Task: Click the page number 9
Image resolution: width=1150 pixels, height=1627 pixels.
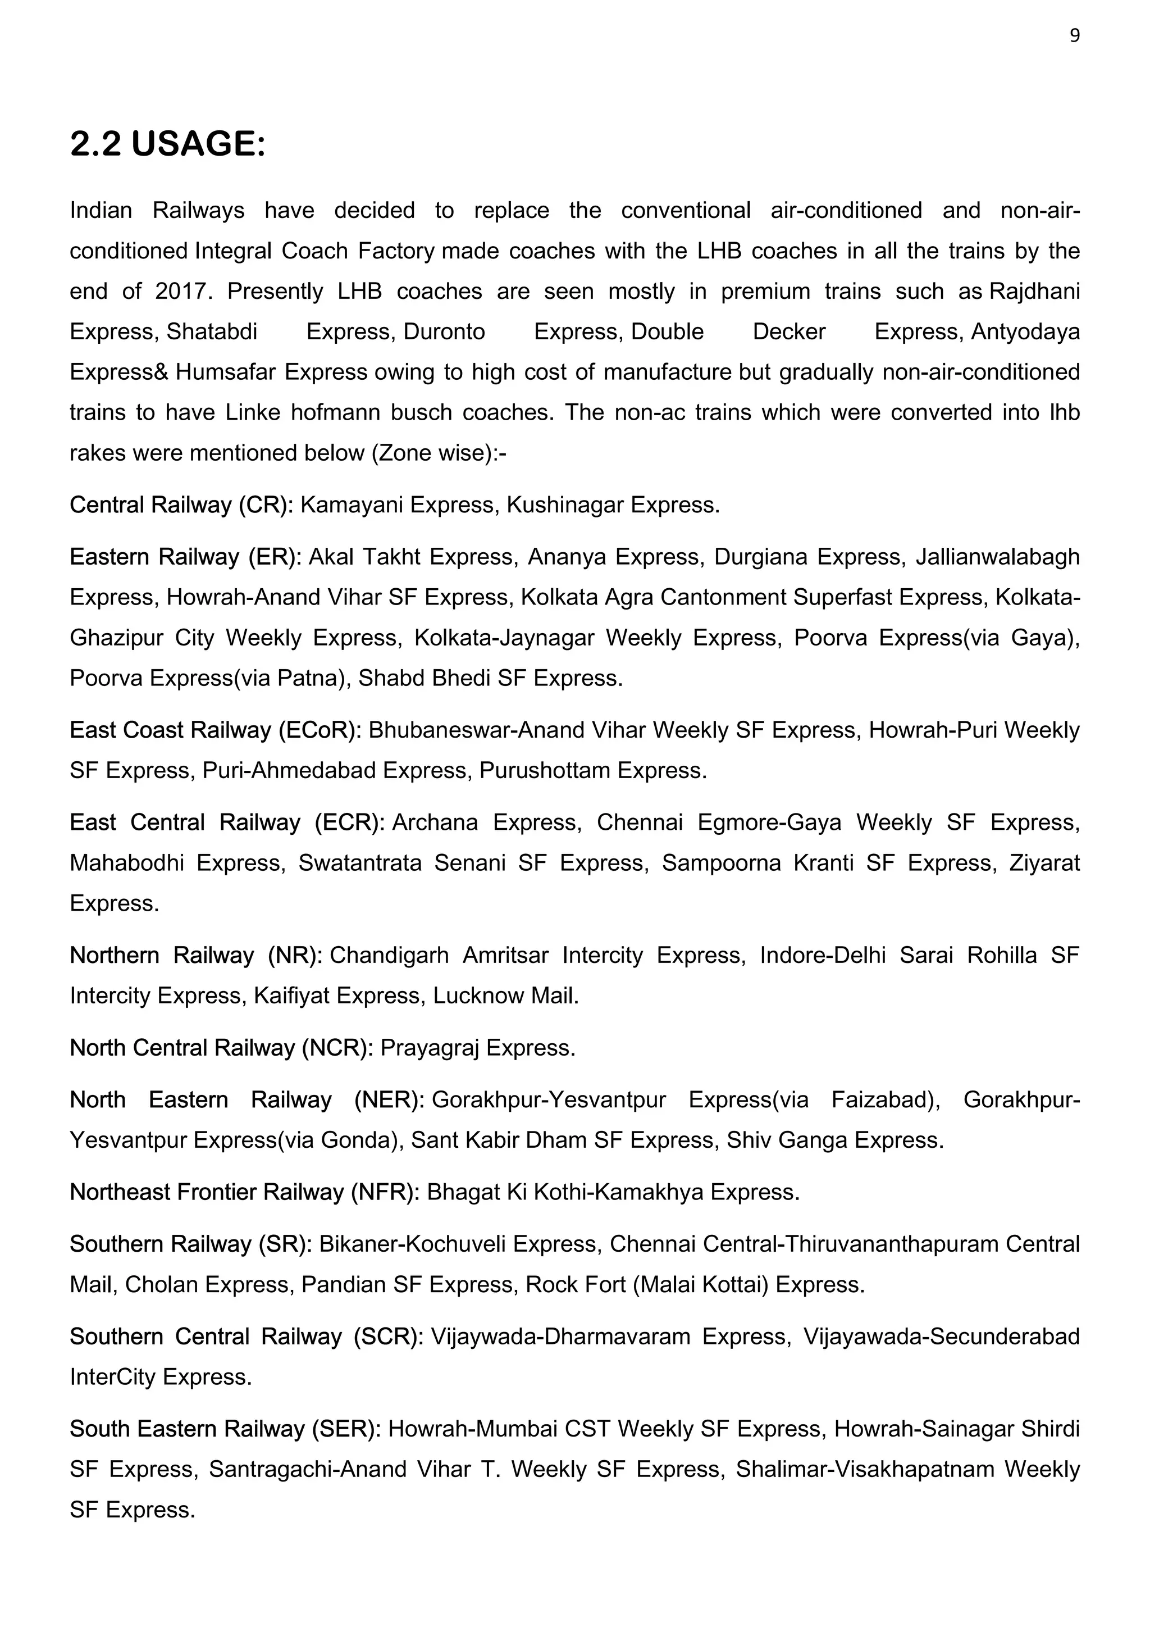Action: [1074, 36]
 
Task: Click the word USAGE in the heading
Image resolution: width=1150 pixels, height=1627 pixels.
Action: [198, 144]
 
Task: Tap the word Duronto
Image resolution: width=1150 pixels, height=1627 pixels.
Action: [444, 331]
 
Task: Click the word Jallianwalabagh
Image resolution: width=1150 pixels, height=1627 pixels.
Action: [997, 557]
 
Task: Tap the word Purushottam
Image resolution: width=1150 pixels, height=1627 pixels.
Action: [545, 771]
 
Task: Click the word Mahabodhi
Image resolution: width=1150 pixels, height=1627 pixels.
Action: [127, 863]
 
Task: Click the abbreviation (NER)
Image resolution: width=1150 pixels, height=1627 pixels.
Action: [389, 1100]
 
